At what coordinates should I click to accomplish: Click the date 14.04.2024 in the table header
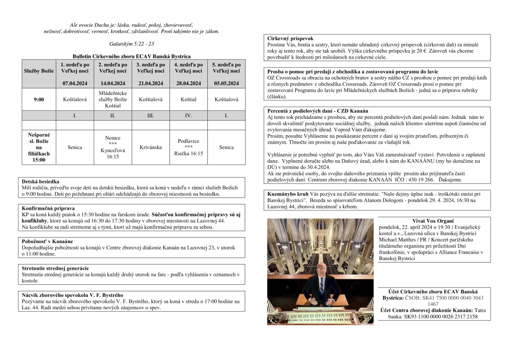click(113, 83)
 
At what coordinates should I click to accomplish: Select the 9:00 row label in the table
click(39, 99)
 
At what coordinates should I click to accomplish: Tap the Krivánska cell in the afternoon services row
click(151, 147)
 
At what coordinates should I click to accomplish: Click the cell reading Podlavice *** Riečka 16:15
click(188, 147)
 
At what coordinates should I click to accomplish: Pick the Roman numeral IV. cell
click(188, 115)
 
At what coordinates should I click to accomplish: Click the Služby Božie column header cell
click(39, 71)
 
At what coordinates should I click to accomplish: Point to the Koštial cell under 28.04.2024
click(188, 99)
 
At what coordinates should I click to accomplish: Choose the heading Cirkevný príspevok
click(290, 38)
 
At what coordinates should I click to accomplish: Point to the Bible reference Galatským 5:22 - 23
click(132, 44)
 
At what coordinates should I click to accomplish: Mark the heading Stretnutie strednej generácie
click(55, 268)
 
